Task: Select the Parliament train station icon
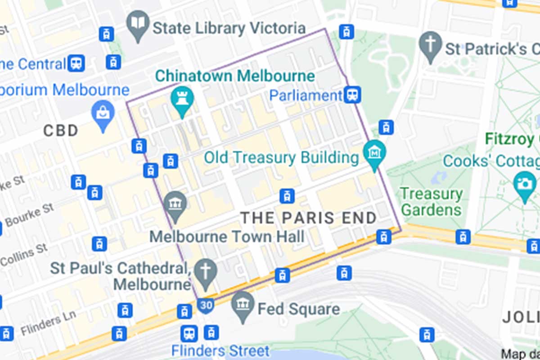pos(352,94)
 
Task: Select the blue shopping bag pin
pos(103,114)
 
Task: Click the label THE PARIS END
pos(309,218)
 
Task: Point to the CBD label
pos(61,131)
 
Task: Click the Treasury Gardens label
pos(431,202)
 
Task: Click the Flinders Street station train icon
pos(189,333)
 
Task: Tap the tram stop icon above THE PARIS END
pos(287,196)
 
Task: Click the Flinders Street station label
pos(220,351)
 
